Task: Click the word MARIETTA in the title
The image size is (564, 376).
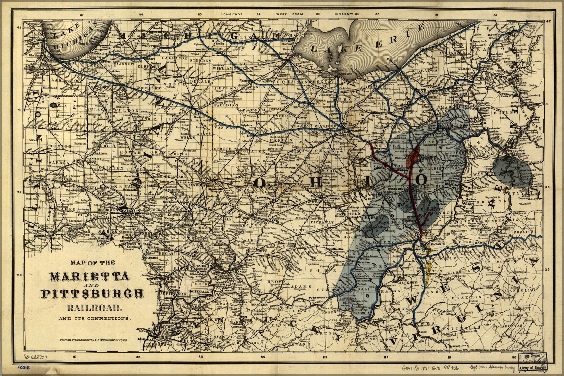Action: (x=89, y=276)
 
